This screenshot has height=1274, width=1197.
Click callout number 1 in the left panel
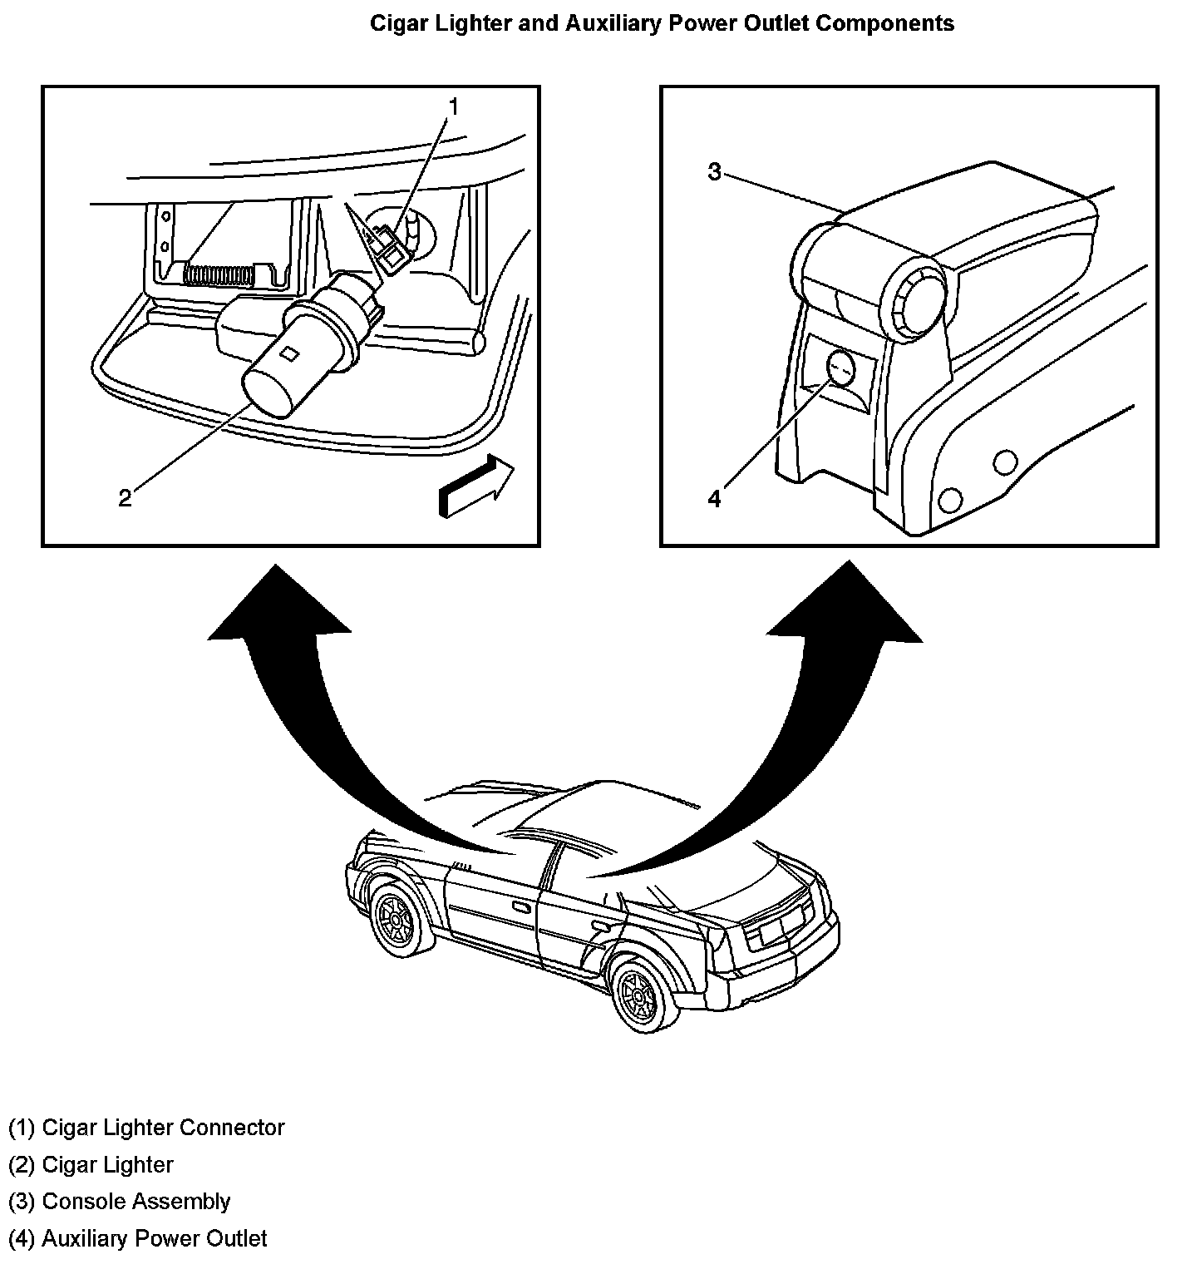click(454, 106)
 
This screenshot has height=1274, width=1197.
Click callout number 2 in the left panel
click(125, 498)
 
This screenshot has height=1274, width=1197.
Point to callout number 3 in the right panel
click(714, 172)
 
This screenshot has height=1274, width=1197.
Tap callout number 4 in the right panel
click(714, 498)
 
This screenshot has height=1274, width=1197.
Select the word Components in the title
click(884, 23)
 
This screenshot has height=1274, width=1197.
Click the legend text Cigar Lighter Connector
click(163, 1128)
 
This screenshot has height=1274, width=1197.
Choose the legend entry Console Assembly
click(136, 1202)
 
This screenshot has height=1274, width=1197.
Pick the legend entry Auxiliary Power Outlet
click(155, 1238)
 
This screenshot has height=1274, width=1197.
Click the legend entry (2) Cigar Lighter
click(91, 1164)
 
